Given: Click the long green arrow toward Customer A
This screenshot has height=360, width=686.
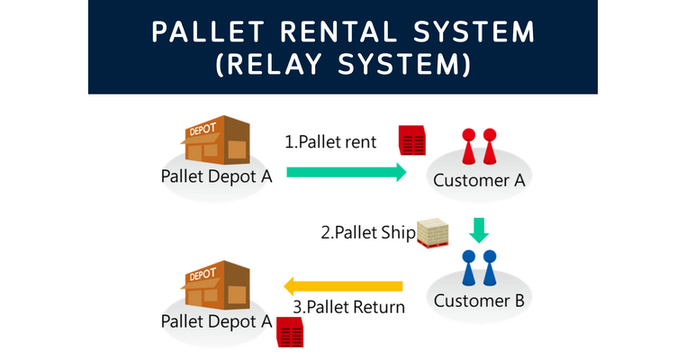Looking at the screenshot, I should (x=346, y=173).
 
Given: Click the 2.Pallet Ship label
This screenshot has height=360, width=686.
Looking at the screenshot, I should (x=368, y=232).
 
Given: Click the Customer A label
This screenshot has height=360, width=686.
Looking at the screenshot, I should (x=478, y=180).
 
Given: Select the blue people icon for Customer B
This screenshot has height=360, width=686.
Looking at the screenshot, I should (x=478, y=266).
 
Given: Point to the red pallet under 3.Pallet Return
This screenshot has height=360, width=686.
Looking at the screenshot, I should (x=290, y=334).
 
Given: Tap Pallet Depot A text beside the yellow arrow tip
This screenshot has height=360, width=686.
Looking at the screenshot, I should (x=216, y=321).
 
